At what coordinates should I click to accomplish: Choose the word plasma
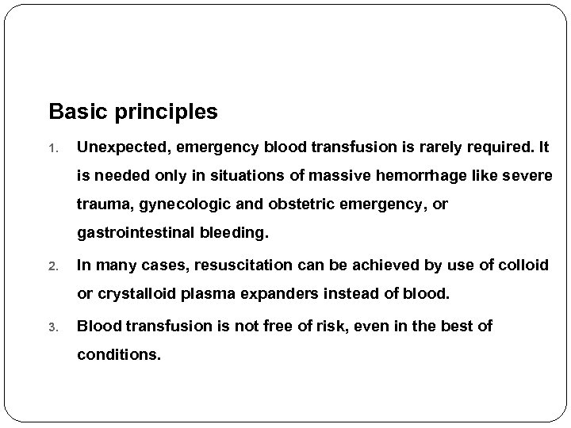point(213,294)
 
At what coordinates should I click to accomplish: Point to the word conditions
point(118,354)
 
